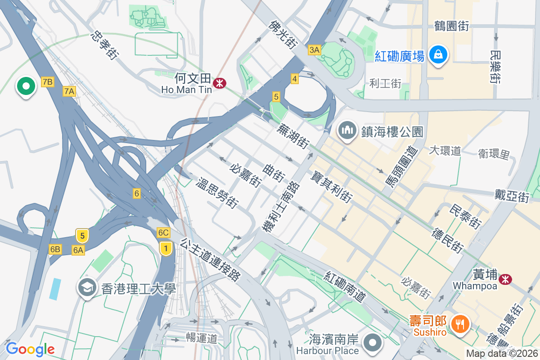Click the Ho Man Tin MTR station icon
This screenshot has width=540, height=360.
point(220,83)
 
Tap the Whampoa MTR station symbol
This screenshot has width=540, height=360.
point(505,279)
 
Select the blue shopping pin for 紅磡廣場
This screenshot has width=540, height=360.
point(437,55)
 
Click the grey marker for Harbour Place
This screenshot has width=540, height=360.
point(373,343)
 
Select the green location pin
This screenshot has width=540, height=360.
point(26,86)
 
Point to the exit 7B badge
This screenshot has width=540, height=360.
point(47,81)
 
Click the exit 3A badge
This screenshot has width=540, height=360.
point(314,50)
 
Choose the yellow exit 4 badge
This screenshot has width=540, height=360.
point(294,79)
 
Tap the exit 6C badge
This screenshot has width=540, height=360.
point(163,233)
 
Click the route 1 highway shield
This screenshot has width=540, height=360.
point(166,248)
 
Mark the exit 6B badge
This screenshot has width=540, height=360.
point(55,249)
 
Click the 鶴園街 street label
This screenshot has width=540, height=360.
point(451,26)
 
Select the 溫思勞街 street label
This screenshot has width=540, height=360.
point(217,193)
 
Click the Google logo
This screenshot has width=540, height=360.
point(30,349)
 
